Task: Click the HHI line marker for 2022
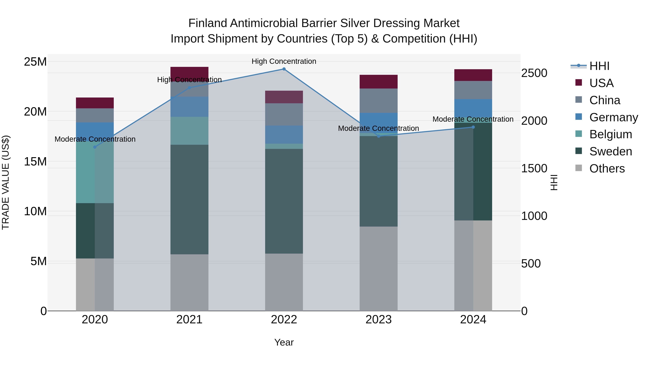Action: [x=284, y=69]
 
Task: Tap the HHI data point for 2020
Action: [x=95, y=147]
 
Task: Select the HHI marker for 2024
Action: [x=473, y=127]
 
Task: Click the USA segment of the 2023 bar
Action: [x=379, y=82]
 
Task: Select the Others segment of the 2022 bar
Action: [x=284, y=282]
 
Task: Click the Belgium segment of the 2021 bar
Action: [x=189, y=131]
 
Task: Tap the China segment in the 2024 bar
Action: [x=473, y=90]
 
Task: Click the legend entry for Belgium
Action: [x=611, y=134]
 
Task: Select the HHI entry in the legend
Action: [x=599, y=66]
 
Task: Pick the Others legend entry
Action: [x=607, y=169]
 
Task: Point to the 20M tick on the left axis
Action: [x=35, y=112]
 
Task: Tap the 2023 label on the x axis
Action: [x=379, y=320]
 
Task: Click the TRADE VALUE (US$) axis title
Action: [x=6, y=182]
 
